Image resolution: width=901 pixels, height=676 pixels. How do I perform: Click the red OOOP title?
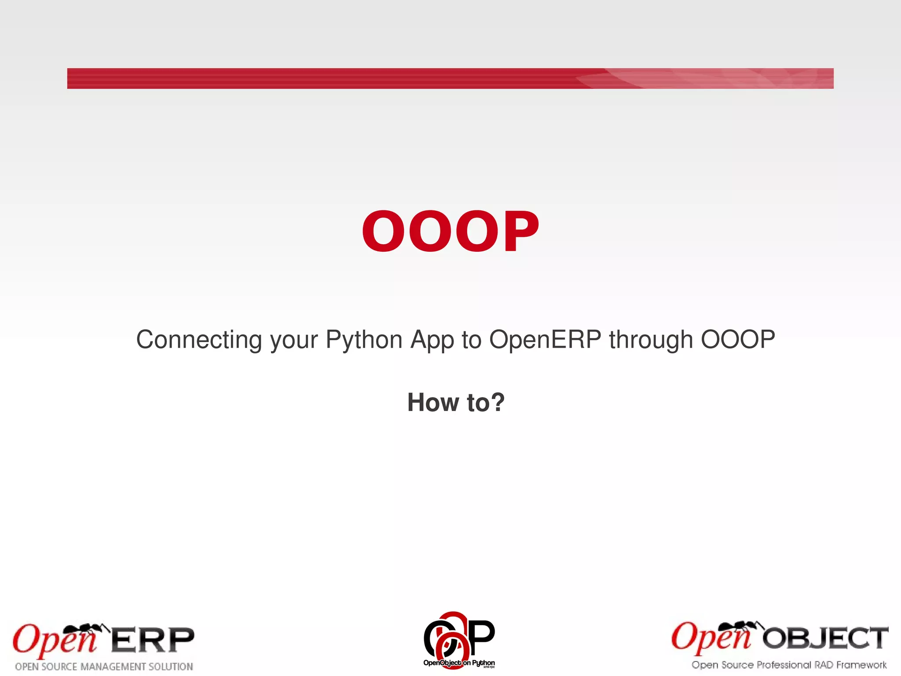click(x=450, y=231)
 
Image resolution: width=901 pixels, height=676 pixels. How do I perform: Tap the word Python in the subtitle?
click(x=364, y=340)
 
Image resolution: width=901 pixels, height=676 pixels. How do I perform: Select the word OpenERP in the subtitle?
click(x=545, y=340)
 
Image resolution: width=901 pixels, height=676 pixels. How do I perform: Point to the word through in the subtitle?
click(x=651, y=340)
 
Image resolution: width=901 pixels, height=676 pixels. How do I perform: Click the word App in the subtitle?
click(x=432, y=340)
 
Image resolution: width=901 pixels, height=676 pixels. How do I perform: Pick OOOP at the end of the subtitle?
click(x=738, y=340)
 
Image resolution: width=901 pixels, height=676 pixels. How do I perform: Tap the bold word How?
click(x=433, y=402)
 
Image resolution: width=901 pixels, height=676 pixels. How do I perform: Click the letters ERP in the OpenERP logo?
click(x=152, y=640)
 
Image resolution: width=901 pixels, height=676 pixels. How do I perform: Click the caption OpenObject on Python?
click(x=459, y=663)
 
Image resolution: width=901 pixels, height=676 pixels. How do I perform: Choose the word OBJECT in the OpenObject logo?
click(x=825, y=638)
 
